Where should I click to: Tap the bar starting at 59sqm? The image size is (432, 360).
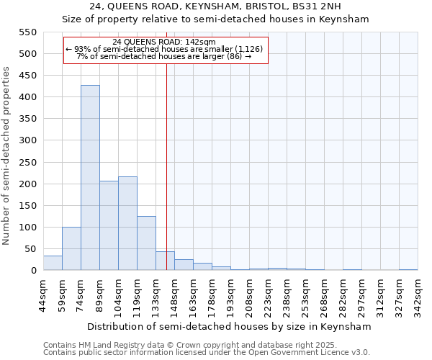pyautogui.click(x=71, y=248)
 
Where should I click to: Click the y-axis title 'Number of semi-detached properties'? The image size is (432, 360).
pyautogui.click(x=6, y=156)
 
